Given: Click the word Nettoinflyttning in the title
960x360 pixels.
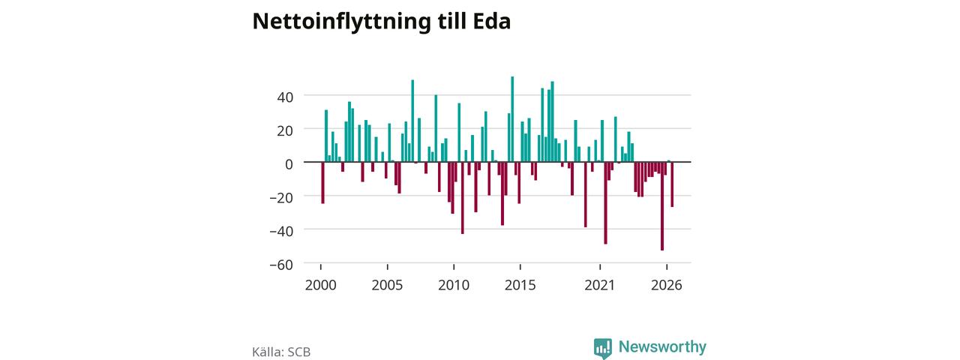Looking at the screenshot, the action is point(341,22).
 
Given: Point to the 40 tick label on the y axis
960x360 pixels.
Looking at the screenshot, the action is point(285,97).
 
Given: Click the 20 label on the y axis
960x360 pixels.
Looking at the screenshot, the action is point(285,130).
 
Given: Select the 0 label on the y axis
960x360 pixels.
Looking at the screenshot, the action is point(289,164).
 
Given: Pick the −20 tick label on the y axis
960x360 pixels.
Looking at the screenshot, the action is point(281,198).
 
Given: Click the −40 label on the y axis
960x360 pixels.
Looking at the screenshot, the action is point(281,232).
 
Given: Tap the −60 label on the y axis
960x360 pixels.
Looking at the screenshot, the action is point(281,265).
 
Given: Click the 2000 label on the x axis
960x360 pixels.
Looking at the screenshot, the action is point(320,286).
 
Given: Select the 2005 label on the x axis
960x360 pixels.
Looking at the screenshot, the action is point(387,286).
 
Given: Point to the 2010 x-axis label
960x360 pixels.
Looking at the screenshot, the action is point(454,286).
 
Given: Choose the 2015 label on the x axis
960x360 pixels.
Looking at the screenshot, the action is point(520,286).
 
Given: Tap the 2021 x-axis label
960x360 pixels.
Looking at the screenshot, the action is point(599,286).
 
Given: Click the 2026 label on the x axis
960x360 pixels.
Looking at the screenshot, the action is point(667,286).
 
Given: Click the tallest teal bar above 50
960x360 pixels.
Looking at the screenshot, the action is point(512,119).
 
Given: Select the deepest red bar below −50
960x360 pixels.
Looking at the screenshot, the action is point(662,206).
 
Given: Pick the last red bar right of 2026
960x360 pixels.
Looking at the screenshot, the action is point(672,184).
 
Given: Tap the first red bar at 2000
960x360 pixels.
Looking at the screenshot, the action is point(322,182).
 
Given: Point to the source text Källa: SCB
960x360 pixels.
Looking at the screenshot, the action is point(281,352).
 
